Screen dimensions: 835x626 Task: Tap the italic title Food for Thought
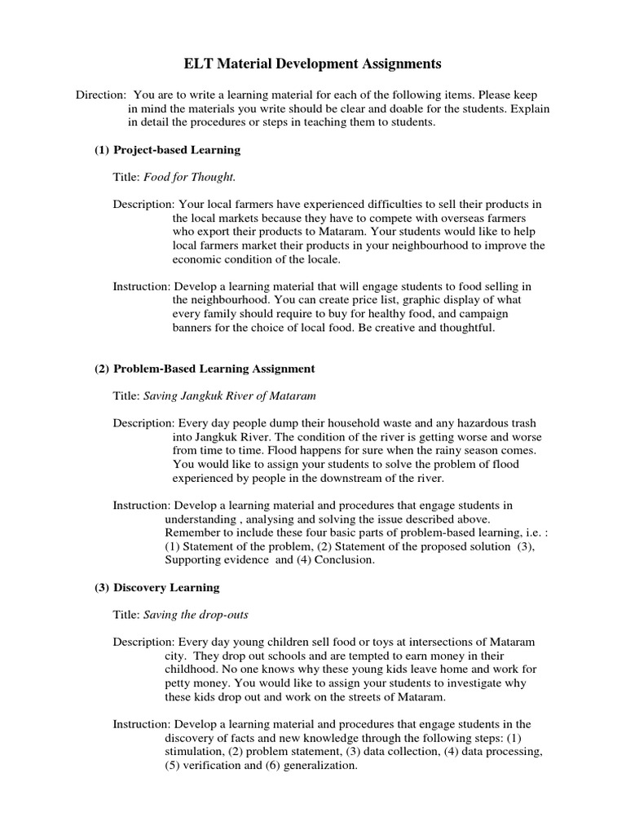click(189, 176)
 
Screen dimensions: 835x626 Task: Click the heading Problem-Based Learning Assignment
click(214, 369)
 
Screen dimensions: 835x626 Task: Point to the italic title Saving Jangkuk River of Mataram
click(229, 395)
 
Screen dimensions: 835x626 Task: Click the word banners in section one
click(192, 328)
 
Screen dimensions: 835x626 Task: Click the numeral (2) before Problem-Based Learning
click(102, 369)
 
